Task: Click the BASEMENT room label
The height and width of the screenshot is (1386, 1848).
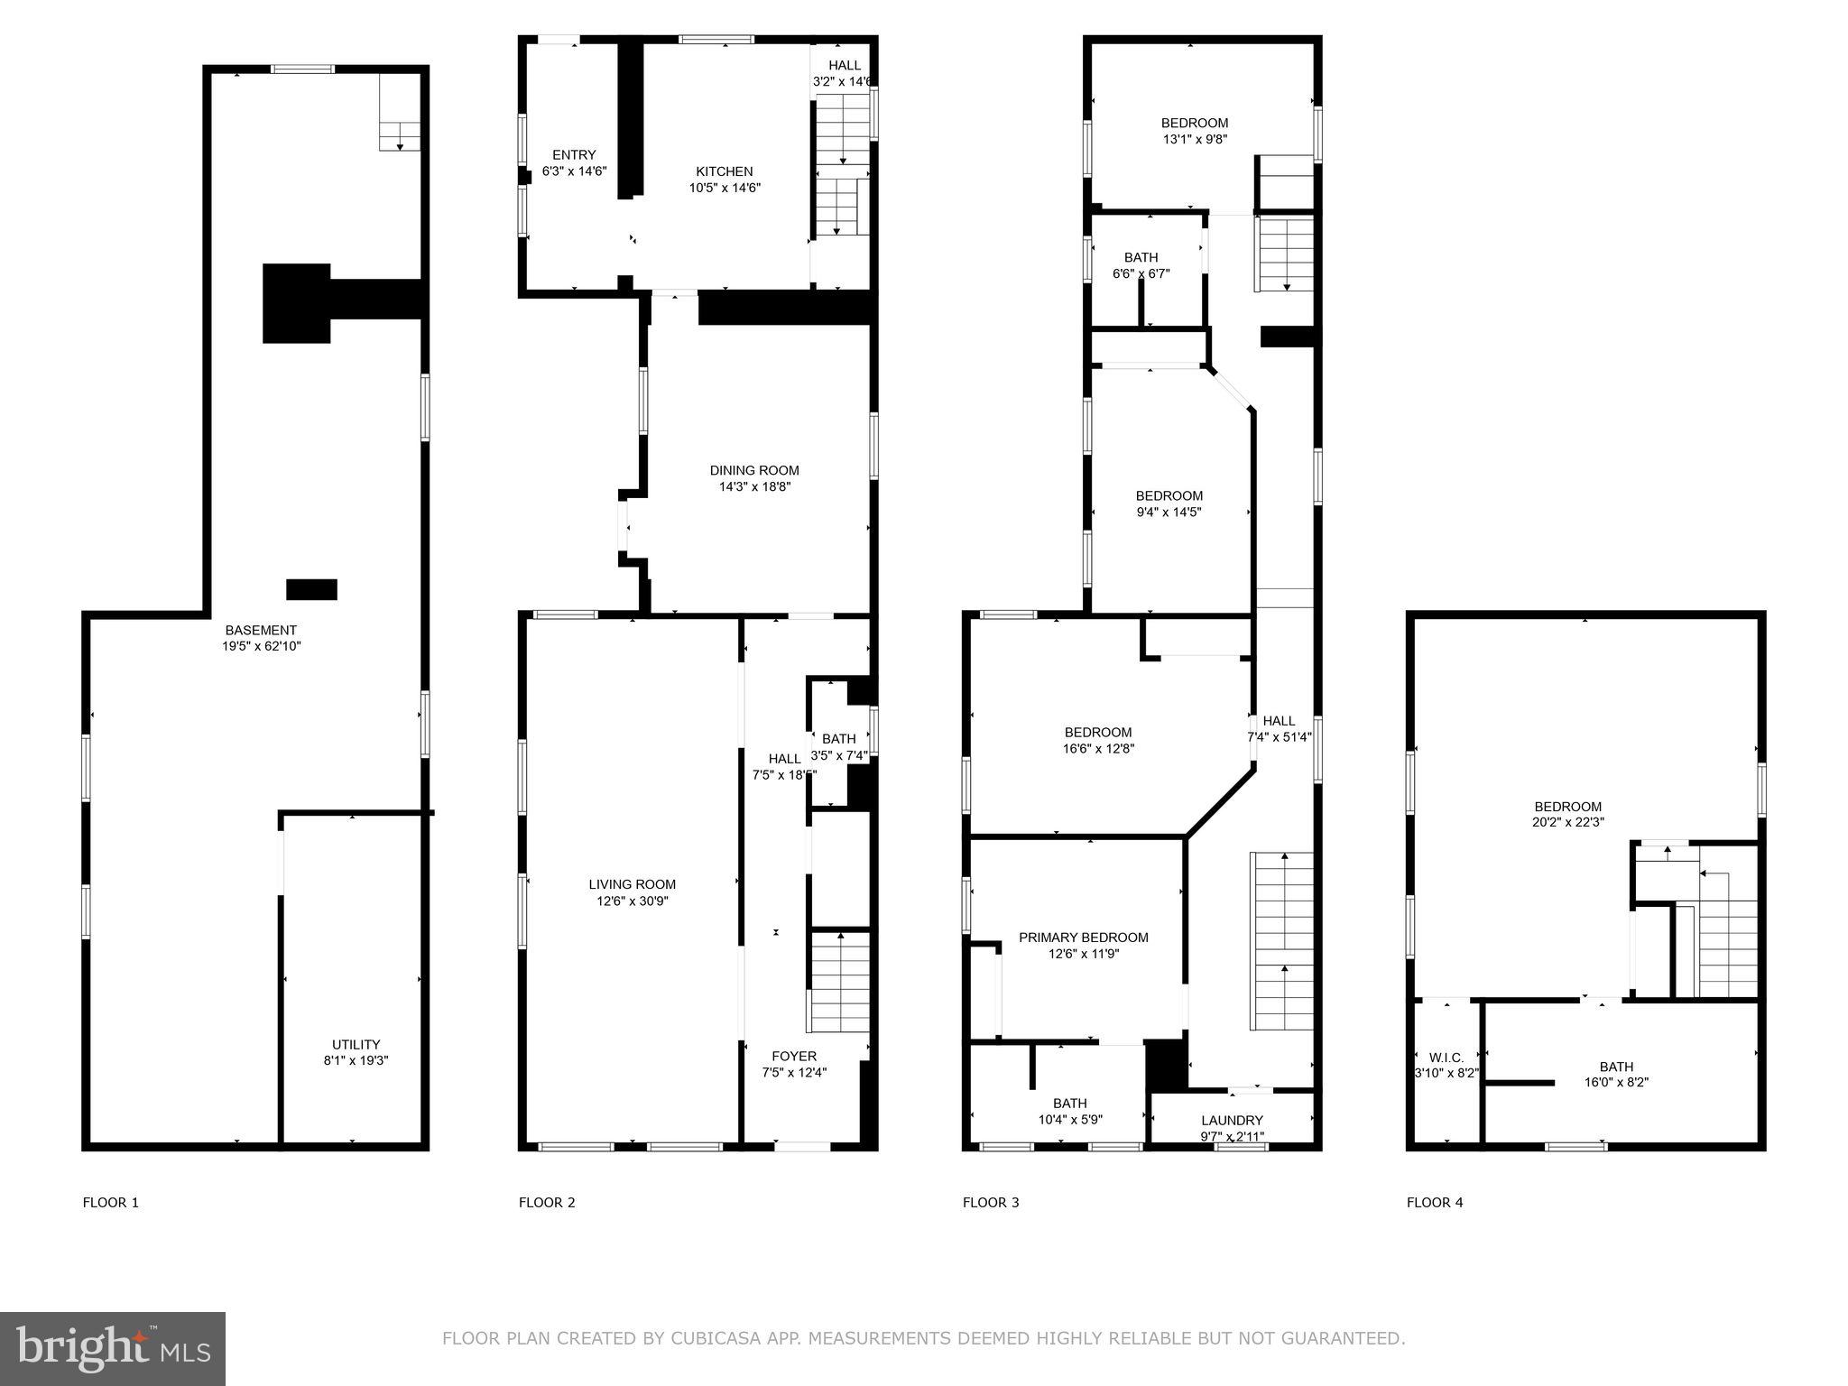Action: point(261,630)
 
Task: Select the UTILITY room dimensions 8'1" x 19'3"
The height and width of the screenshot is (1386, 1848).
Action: point(356,1061)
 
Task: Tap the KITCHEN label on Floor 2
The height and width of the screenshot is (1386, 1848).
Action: point(724,171)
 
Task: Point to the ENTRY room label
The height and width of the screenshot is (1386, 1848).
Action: point(574,155)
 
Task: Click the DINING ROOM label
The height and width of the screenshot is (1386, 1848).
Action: point(754,470)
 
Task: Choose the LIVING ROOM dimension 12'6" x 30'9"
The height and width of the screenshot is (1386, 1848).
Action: point(632,901)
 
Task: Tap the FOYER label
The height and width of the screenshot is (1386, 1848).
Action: point(794,1056)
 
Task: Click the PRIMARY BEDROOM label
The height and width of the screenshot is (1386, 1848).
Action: point(1084,938)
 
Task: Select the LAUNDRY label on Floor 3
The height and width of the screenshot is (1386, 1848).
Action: point(1232,1120)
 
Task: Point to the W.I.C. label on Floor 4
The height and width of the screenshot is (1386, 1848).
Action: point(1446,1057)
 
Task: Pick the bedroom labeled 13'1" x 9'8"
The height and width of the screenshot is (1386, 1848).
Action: point(1194,131)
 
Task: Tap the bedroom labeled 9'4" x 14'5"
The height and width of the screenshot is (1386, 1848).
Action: point(1169,504)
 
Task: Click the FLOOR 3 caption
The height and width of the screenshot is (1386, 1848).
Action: point(991,1202)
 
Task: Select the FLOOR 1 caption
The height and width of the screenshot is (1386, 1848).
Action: point(111,1202)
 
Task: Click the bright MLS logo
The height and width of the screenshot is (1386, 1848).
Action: point(113,1348)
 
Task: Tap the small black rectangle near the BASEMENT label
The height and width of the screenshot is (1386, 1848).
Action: point(311,589)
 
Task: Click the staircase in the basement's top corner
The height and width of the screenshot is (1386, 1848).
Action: point(399,113)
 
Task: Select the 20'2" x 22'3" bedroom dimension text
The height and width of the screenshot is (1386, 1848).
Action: point(1568,822)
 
